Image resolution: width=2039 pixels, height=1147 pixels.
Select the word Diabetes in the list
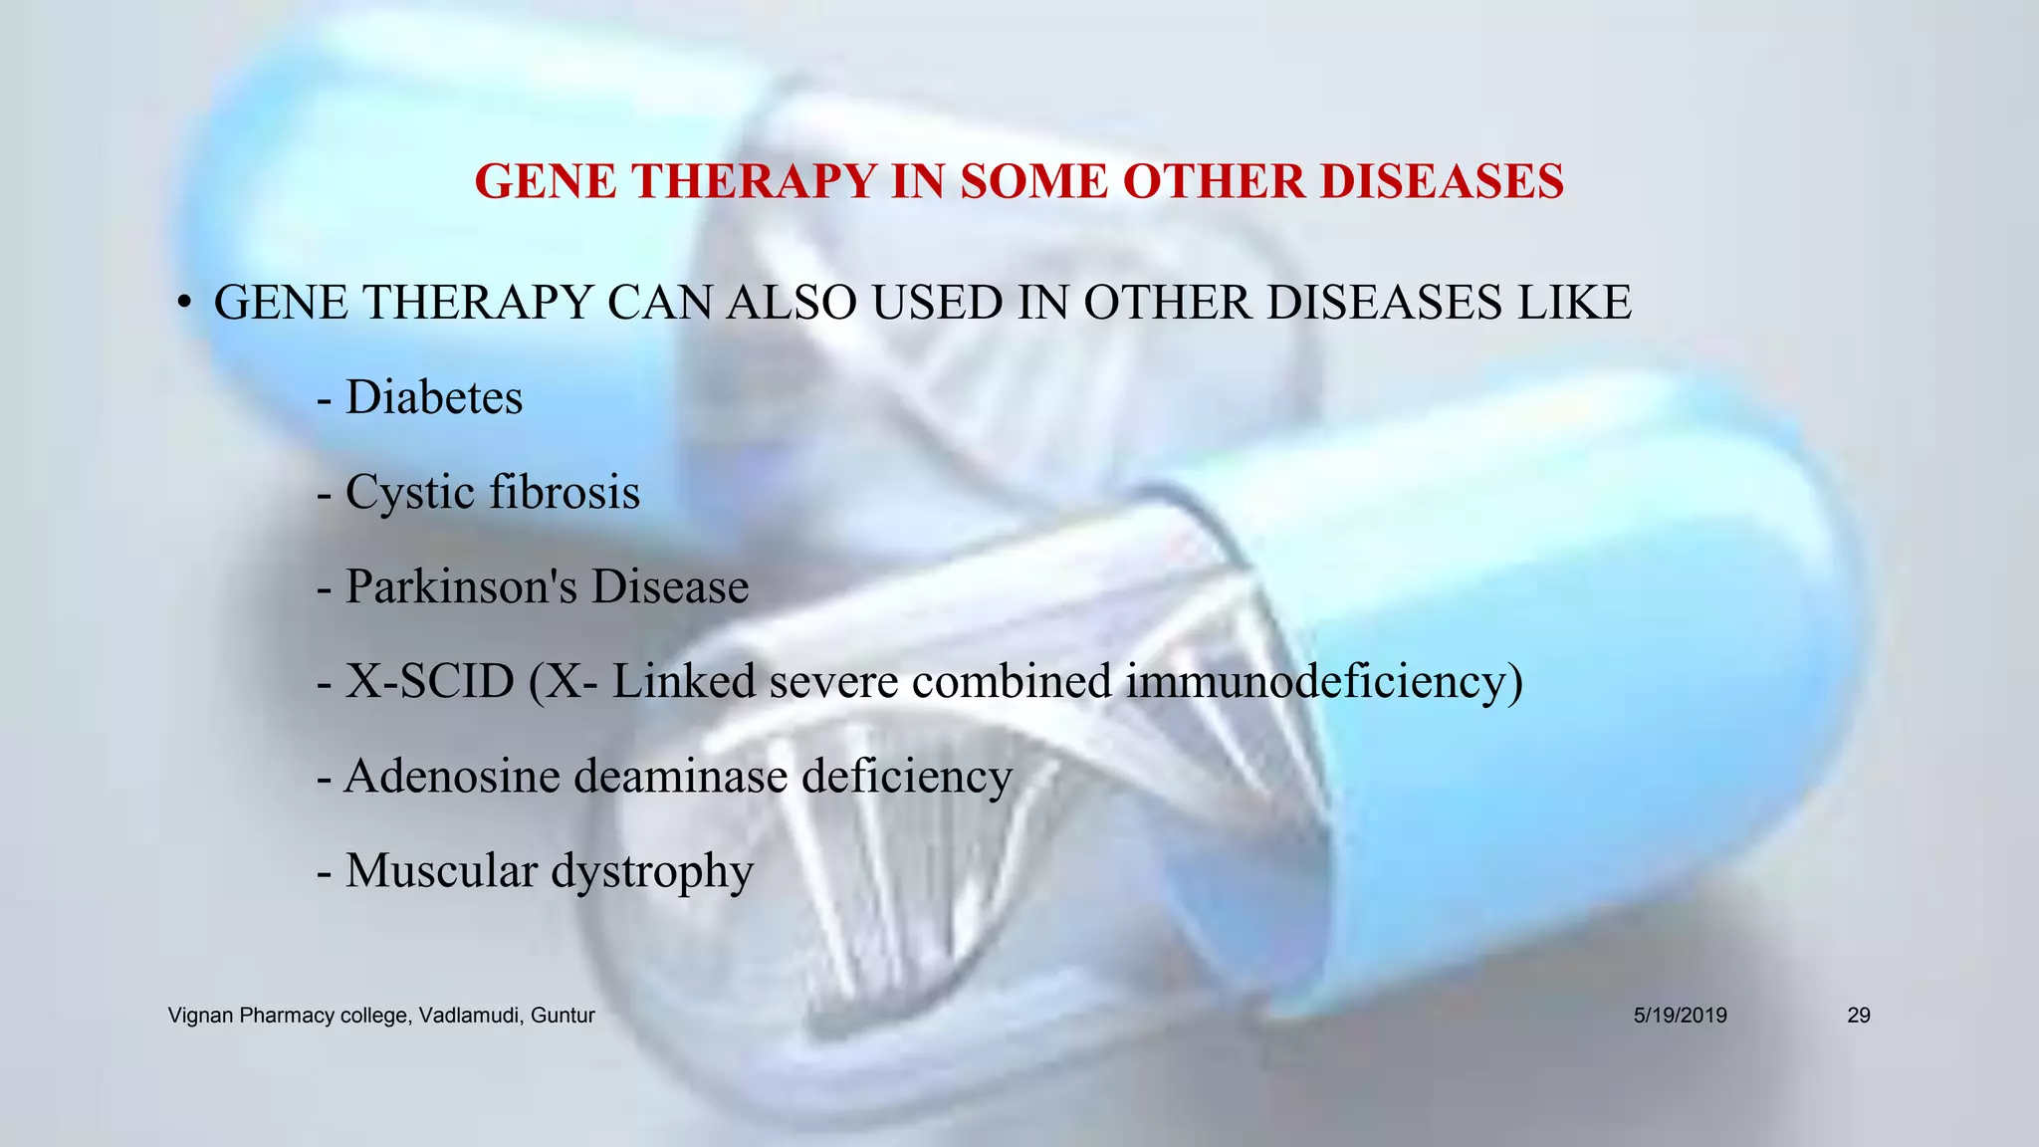click(x=433, y=397)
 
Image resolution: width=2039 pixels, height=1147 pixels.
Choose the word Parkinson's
click(x=461, y=586)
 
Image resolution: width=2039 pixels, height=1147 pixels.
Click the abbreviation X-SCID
click(x=429, y=681)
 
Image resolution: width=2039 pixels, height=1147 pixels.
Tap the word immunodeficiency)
click(x=1324, y=682)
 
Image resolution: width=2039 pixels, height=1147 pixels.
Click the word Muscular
click(x=441, y=870)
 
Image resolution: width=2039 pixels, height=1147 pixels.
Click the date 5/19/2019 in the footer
click(x=1681, y=1016)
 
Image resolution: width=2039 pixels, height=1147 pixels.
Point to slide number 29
click(x=1859, y=1016)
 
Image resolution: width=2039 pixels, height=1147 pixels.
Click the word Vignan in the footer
click(x=201, y=1016)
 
